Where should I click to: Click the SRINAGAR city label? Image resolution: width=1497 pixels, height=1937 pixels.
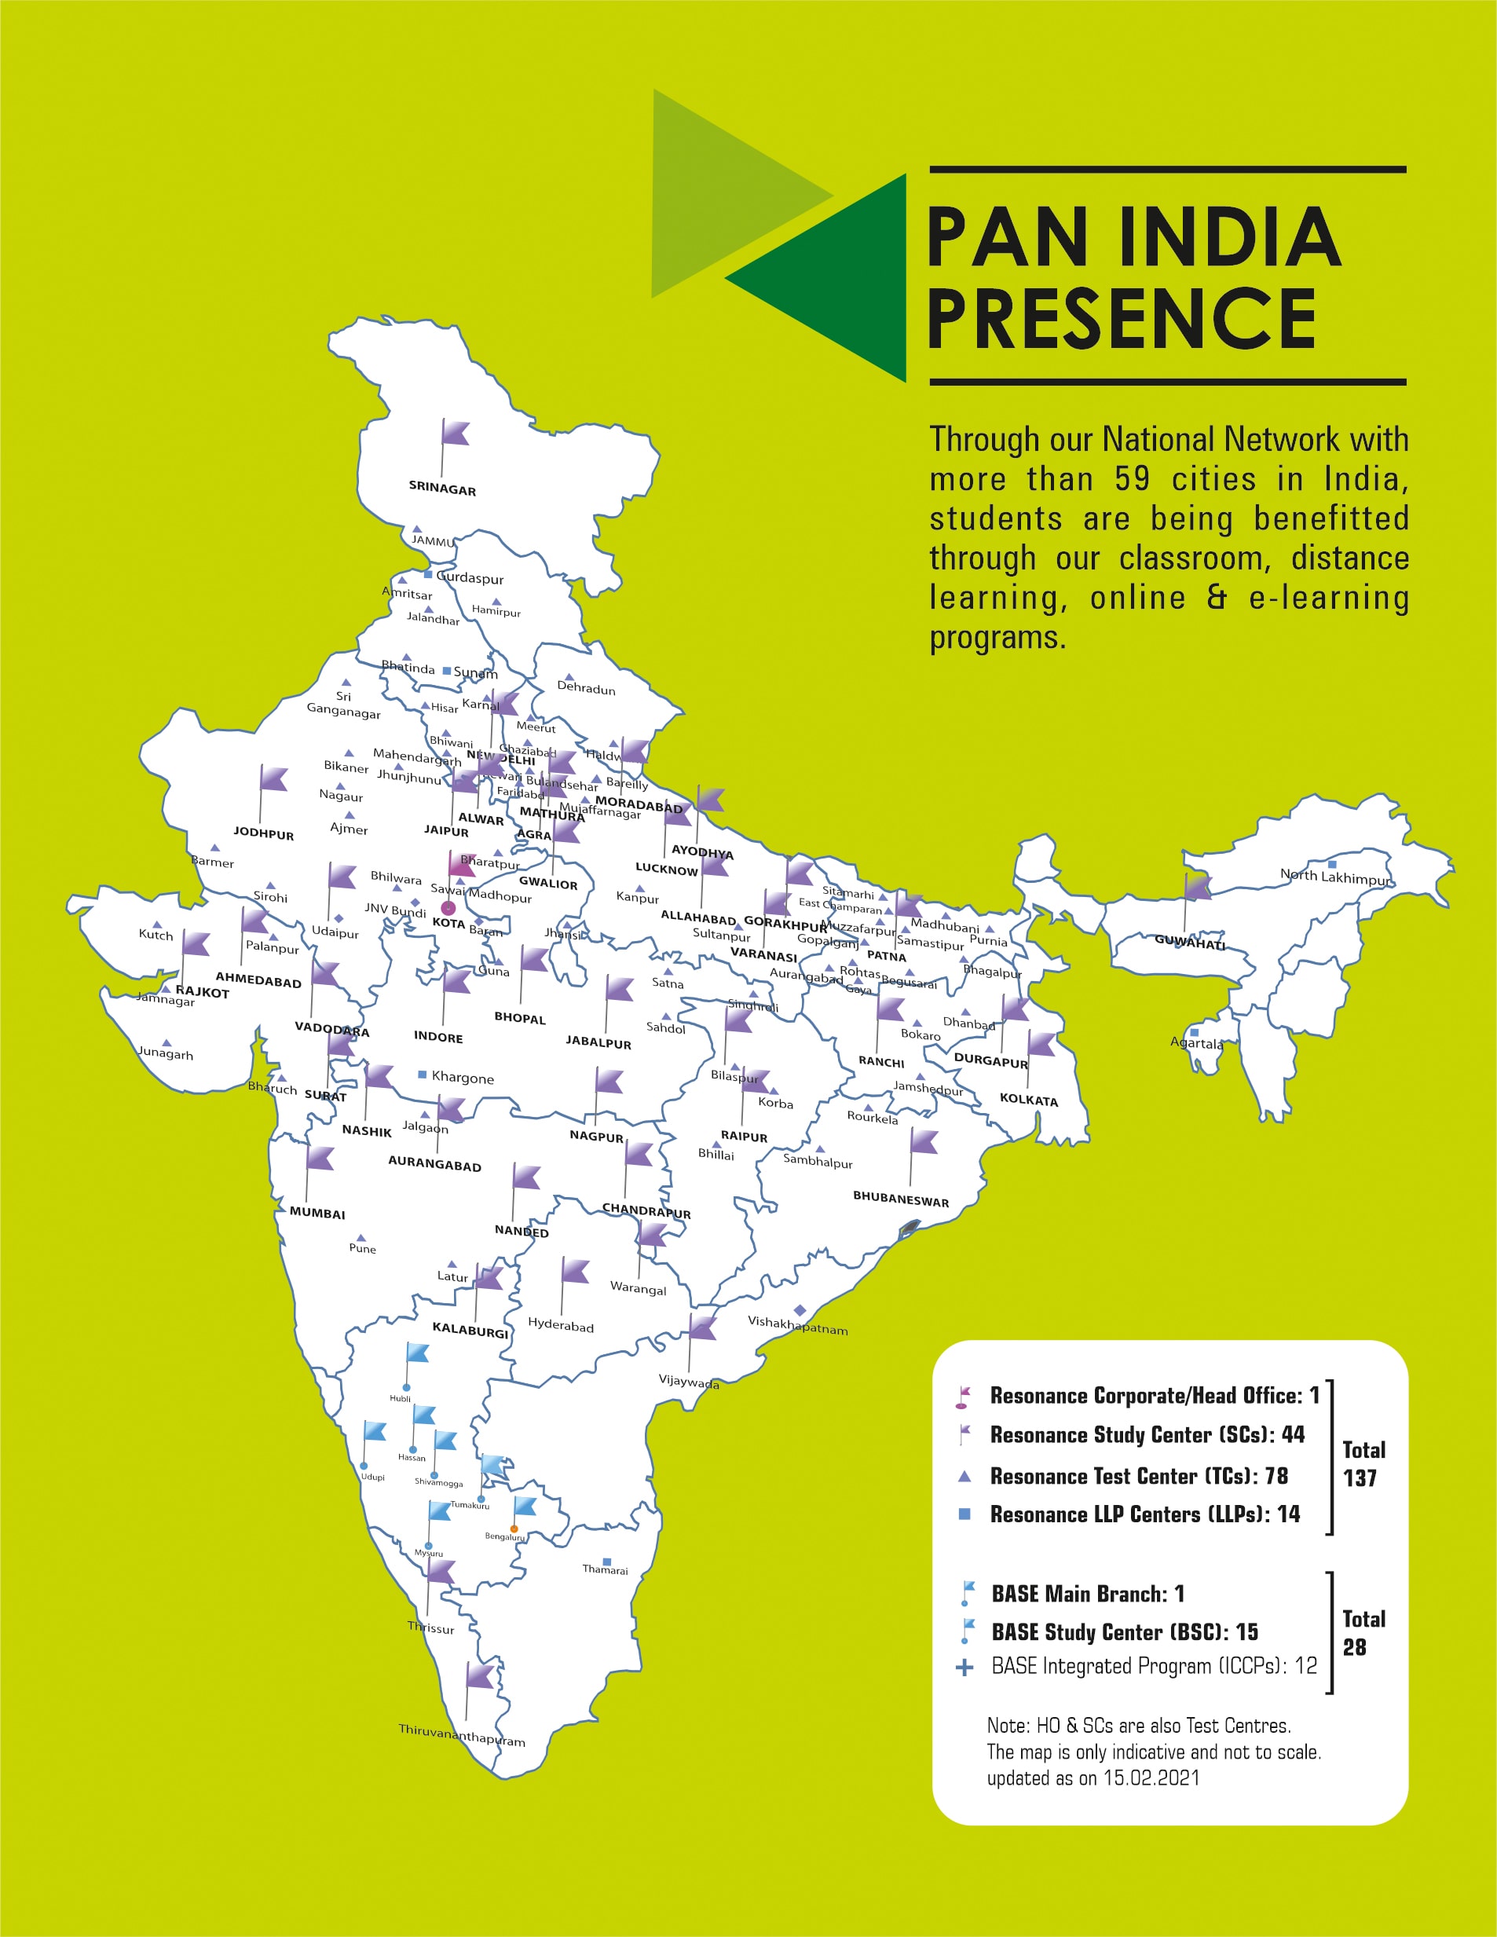point(441,489)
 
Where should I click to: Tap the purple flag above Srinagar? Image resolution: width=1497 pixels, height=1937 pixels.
point(455,433)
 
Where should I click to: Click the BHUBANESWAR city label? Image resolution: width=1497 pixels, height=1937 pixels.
point(900,1199)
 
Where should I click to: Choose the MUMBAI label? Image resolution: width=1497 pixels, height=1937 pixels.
point(317,1214)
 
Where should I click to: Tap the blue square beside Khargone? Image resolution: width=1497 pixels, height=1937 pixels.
point(422,1075)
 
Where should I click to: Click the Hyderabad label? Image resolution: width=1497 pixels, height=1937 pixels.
point(561,1325)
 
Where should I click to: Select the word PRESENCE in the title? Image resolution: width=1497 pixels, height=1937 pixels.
point(1121,319)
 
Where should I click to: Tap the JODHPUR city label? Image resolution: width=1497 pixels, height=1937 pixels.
point(263,833)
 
